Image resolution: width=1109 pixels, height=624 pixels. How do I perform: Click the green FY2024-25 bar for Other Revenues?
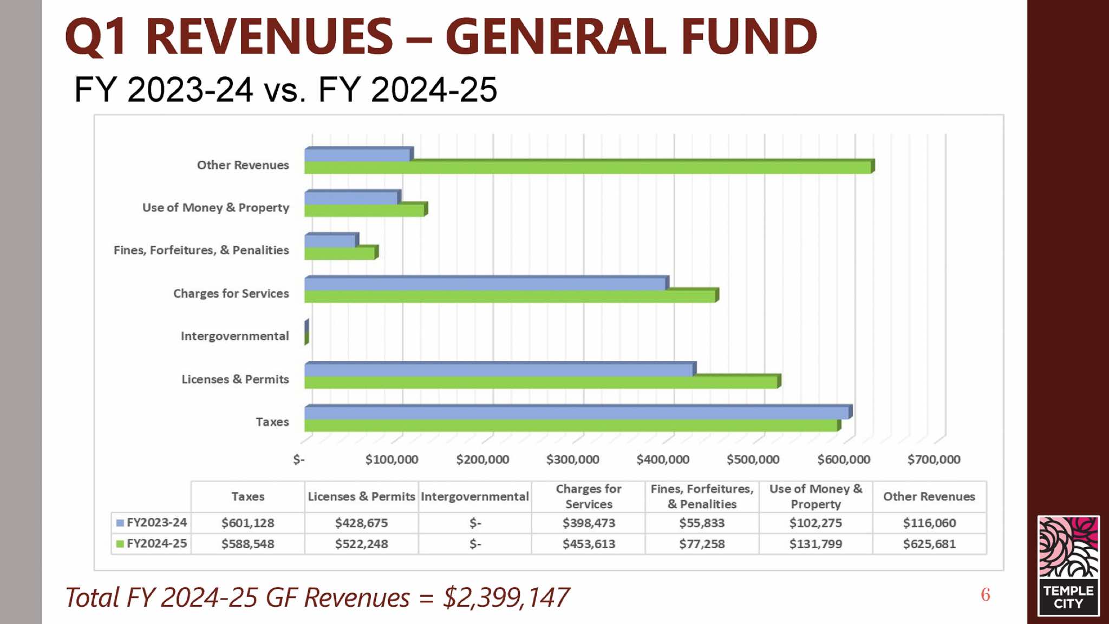[x=588, y=167]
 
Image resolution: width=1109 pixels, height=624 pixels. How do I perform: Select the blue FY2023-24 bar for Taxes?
[x=576, y=412]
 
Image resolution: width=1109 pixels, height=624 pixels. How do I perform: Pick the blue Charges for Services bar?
[x=485, y=283]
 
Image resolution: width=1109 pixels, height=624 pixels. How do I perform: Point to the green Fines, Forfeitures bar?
[x=340, y=253]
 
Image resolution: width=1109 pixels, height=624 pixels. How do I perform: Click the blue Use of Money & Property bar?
[x=351, y=198]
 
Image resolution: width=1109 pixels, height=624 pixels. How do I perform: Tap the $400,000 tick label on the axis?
[x=663, y=459]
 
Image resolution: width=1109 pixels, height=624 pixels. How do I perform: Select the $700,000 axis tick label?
[x=934, y=459]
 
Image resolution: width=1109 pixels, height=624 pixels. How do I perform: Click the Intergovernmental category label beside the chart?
[x=234, y=336]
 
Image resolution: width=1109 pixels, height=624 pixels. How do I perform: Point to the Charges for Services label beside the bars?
[x=231, y=293]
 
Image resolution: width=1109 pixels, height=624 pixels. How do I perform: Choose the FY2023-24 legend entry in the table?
[x=152, y=523]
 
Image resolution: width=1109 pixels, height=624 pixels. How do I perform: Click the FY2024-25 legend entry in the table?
[x=152, y=543]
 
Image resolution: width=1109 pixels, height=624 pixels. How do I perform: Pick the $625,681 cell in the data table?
[x=929, y=544]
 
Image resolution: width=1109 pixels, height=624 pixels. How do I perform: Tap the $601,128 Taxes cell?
[x=247, y=523]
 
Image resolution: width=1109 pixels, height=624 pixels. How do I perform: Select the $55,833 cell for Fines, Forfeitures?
[x=702, y=523]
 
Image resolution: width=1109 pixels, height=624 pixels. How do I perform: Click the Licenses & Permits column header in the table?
[x=361, y=496]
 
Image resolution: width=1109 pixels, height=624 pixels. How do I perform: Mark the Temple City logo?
[x=1068, y=566]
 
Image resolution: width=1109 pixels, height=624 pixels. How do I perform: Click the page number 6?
[x=986, y=595]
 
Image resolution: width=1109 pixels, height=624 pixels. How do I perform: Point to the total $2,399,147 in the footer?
[x=506, y=598]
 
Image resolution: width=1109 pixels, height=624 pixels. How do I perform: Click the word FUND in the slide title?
[x=749, y=36]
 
